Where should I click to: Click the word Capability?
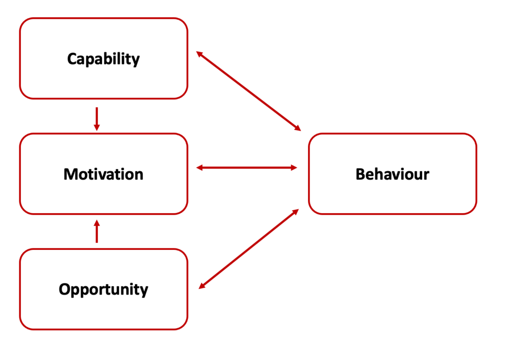103,59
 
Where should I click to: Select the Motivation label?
103,174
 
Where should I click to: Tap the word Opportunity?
103,289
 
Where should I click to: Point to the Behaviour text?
392,174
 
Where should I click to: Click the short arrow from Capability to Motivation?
97,119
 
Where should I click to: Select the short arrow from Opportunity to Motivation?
97,232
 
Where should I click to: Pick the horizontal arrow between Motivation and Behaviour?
247,168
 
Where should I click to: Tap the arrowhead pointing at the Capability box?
199,54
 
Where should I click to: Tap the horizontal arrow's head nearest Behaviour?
294,168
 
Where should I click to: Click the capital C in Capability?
72,59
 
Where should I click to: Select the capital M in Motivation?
70,174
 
